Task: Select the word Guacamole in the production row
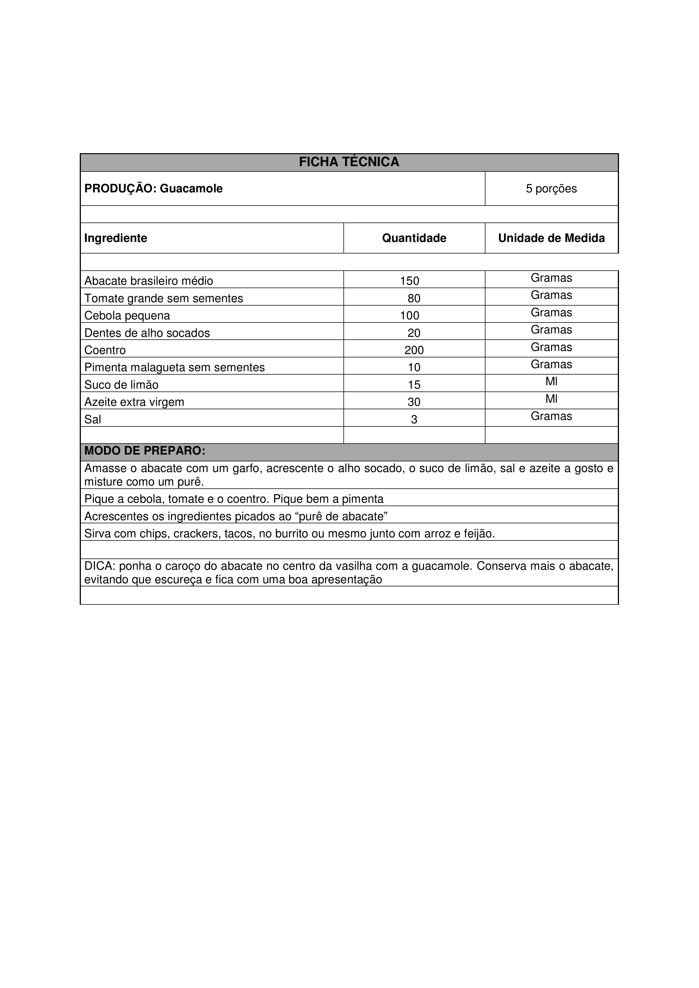click(x=191, y=188)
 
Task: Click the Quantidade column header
click(x=414, y=238)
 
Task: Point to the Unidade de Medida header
click(x=551, y=238)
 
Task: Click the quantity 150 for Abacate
click(x=409, y=281)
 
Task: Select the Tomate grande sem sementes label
click(x=164, y=298)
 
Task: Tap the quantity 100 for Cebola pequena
click(x=409, y=315)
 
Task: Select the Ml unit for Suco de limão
click(x=551, y=382)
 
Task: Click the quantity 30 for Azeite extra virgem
click(x=414, y=402)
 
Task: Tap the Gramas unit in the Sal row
click(x=551, y=416)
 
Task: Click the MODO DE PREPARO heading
click(x=145, y=451)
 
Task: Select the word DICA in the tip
click(x=98, y=566)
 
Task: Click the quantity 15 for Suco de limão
click(x=414, y=385)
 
